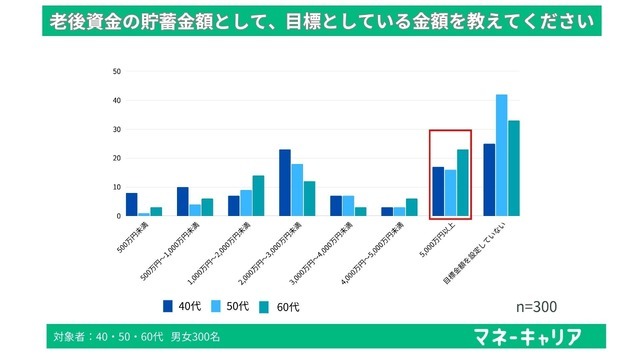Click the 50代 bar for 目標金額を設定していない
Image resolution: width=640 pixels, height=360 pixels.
click(x=501, y=155)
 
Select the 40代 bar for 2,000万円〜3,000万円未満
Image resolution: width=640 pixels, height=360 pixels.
click(x=285, y=182)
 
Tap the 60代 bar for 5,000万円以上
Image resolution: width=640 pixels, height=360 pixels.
click(x=462, y=182)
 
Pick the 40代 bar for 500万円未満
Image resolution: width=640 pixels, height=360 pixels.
click(x=132, y=204)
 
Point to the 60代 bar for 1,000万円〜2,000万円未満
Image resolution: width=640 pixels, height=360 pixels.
click(x=258, y=195)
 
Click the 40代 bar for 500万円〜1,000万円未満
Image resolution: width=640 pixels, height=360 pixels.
click(x=183, y=201)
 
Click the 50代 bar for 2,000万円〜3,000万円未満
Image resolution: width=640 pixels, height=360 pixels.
click(x=297, y=190)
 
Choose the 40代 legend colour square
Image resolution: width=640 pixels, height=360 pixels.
click(x=169, y=304)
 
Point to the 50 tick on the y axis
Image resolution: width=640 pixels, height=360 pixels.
click(x=117, y=71)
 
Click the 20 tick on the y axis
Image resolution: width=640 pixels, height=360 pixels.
click(x=117, y=158)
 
